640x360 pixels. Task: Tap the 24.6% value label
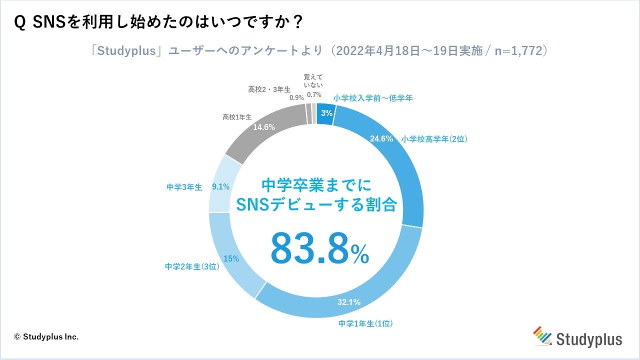point(381,139)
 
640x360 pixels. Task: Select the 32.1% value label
point(349,302)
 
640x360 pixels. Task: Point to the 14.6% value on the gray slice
point(264,127)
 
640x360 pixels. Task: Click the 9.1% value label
point(220,187)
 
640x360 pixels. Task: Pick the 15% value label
point(231,258)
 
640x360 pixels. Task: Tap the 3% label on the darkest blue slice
point(326,113)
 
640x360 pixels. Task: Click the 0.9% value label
point(296,98)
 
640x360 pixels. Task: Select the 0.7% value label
point(313,94)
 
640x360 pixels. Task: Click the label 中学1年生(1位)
point(365,323)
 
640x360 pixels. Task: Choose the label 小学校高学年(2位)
point(433,139)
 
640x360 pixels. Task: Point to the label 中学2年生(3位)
point(192,267)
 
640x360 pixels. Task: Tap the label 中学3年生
point(184,187)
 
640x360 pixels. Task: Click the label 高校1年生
point(237,117)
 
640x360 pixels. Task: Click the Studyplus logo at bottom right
point(577,337)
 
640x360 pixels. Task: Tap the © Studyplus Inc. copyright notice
point(46,337)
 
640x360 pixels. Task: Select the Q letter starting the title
point(21,23)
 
